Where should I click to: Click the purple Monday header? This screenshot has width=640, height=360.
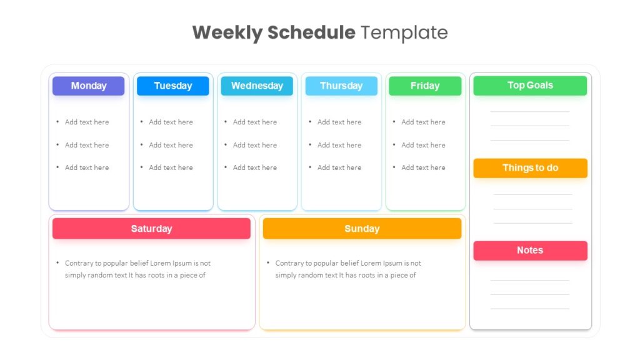(x=89, y=86)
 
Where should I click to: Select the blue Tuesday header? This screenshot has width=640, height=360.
(x=172, y=86)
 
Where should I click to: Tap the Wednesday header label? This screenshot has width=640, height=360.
(x=257, y=86)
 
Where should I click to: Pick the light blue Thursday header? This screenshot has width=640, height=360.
(x=341, y=86)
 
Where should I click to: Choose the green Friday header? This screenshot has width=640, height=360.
(x=425, y=86)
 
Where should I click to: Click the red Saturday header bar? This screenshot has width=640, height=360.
(x=151, y=229)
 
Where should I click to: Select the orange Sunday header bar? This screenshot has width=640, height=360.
(x=362, y=229)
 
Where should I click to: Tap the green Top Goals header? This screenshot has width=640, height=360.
(x=530, y=85)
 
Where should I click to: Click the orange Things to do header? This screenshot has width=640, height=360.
(x=530, y=167)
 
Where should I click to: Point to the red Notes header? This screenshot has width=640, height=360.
(x=530, y=250)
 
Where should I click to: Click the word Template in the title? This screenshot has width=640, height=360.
(x=404, y=32)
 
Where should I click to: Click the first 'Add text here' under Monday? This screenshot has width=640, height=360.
(x=87, y=122)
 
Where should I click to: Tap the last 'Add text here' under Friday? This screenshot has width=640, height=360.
(x=423, y=167)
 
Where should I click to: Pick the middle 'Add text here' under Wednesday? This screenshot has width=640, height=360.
(x=255, y=145)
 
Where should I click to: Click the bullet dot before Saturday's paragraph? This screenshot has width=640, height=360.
(x=57, y=263)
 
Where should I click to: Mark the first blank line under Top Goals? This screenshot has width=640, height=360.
(x=530, y=111)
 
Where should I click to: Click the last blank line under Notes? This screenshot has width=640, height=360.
(x=530, y=309)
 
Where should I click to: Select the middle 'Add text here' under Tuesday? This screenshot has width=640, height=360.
(x=171, y=145)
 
